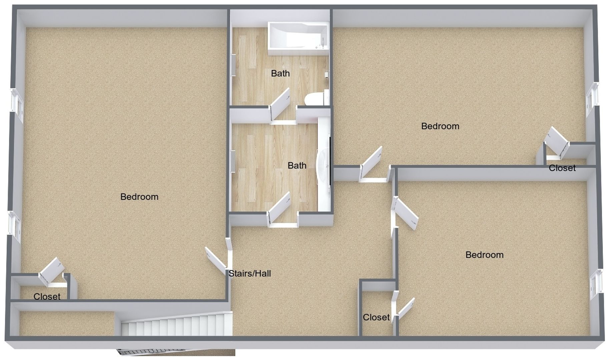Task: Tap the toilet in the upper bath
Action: coord(314,99)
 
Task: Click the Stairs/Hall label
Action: coord(249,274)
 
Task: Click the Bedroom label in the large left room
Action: coord(139,197)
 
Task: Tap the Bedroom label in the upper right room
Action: coord(440,126)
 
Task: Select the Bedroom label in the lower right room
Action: coord(484,255)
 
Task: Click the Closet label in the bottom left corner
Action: coord(47,297)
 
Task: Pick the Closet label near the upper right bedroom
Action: coord(562,168)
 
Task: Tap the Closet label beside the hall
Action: coord(376,317)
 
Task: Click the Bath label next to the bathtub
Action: coord(280,73)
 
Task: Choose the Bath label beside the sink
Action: coord(297,165)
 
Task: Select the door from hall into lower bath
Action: coord(279,208)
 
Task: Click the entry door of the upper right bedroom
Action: coord(371,163)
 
